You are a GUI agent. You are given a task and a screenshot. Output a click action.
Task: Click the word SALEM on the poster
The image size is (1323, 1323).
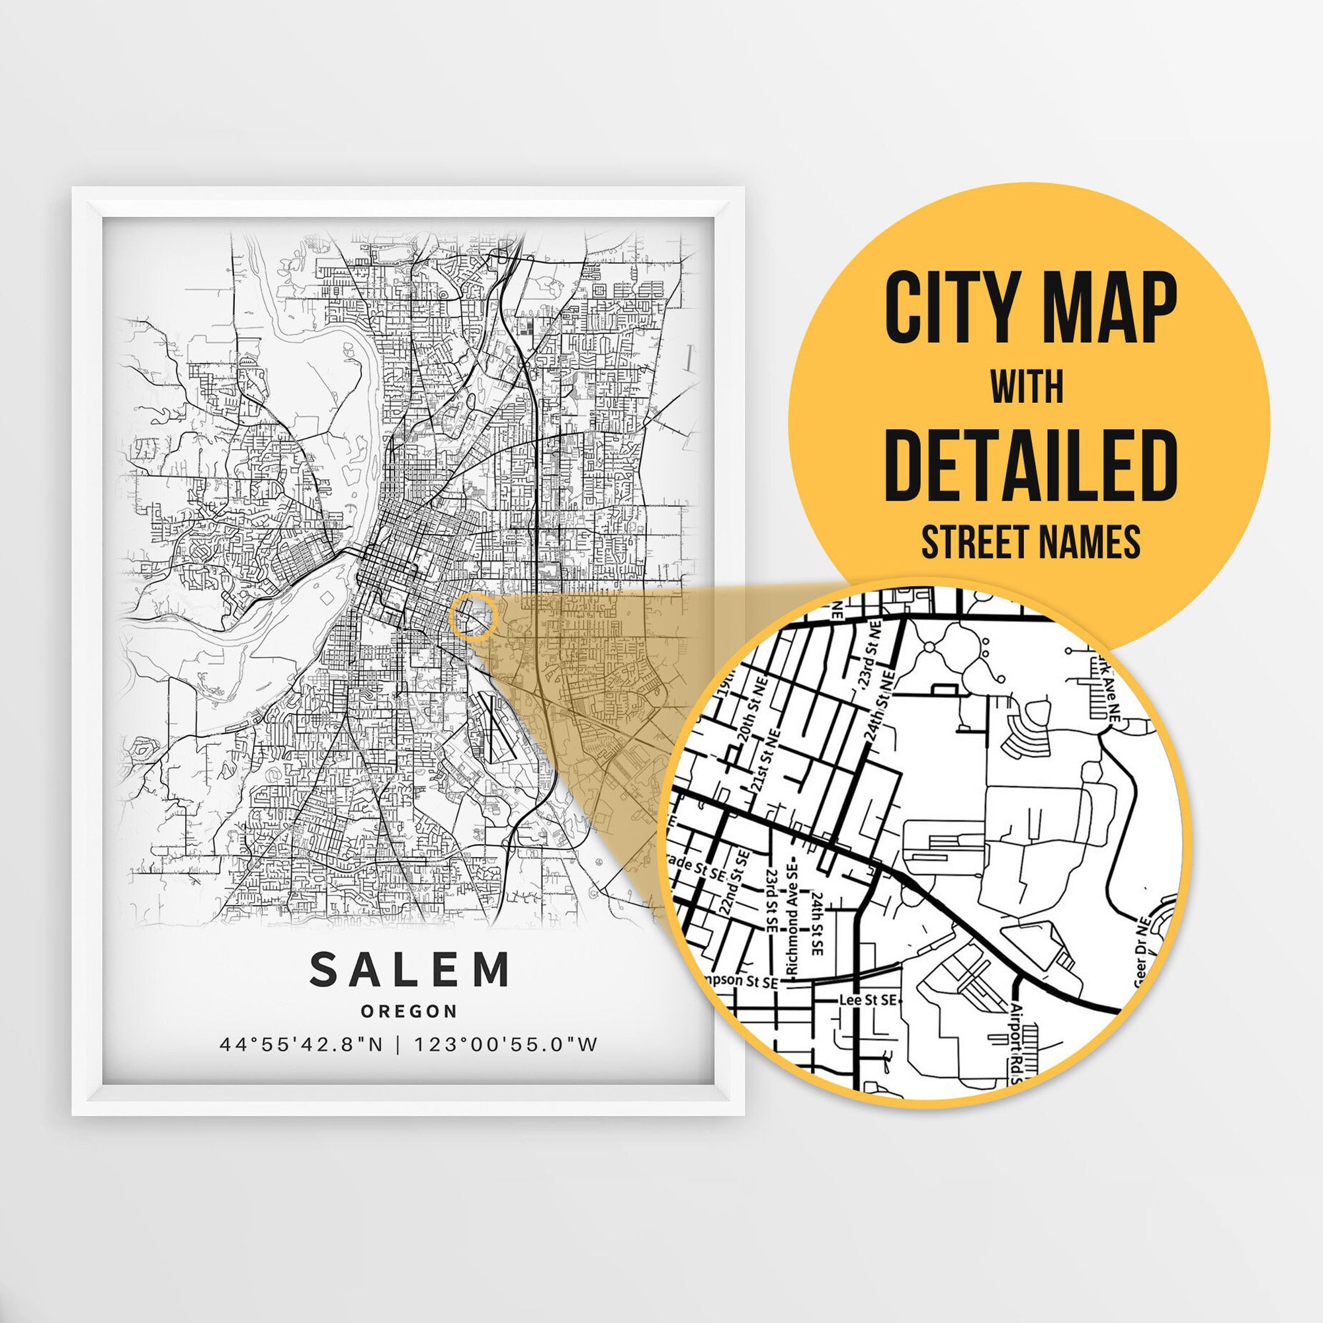pos(409,969)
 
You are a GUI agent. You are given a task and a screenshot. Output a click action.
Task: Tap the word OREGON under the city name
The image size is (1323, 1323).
pos(409,1011)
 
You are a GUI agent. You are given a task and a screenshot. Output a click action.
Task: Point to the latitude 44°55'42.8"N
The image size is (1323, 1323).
pos(301,1045)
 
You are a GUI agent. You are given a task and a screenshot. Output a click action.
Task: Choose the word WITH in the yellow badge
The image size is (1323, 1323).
pos(1027,388)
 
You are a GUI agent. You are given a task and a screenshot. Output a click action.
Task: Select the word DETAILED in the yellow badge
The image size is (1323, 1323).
pos(1030,465)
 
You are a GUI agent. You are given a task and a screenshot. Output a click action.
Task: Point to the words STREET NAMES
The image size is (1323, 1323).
pos(1030,542)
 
